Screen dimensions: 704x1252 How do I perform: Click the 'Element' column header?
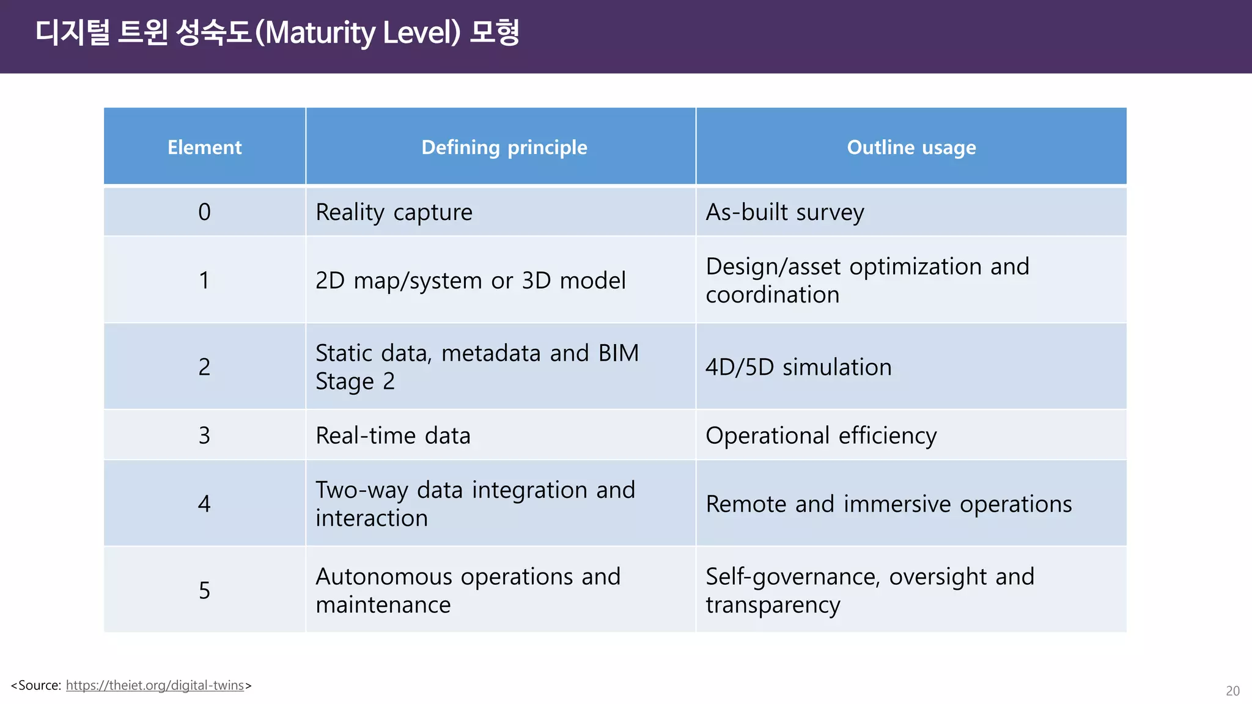pos(205,147)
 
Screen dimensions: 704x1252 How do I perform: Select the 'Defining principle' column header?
pos(504,147)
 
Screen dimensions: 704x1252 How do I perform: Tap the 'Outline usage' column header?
pos(911,147)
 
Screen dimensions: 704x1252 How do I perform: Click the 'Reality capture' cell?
pos(394,212)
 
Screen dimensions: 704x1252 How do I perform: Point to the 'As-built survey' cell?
pos(784,212)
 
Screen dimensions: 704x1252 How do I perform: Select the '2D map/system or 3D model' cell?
pos(470,280)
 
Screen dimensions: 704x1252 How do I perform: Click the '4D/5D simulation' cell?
pos(798,367)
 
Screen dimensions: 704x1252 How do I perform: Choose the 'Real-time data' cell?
pos(392,436)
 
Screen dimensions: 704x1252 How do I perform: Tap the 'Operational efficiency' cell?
pos(821,436)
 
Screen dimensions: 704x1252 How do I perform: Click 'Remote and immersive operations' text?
pos(888,504)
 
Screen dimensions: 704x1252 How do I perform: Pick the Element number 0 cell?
pos(205,212)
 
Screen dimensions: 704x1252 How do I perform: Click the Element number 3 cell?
pos(205,436)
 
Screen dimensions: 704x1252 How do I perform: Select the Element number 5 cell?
pos(205,590)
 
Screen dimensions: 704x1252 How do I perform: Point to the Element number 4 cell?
pos(205,504)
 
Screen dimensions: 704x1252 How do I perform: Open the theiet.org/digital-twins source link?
pos(155,686)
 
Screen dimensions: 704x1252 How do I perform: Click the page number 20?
pos(1232,691)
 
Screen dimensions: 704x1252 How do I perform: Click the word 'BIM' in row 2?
pos(618,353)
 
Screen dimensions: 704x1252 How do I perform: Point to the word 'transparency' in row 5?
pos(773,605)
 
